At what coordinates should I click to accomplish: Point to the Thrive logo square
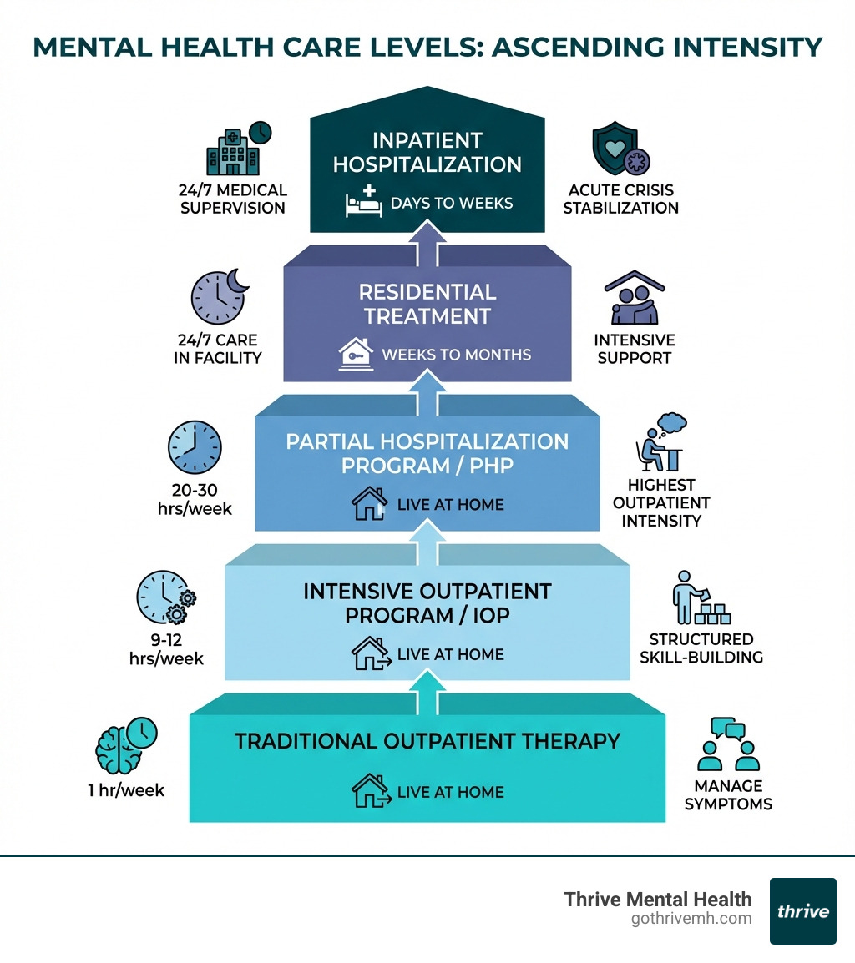pyautogui.click(x=802, y=910)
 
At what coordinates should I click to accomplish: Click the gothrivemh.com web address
pyautogui.click(x=691, y=919)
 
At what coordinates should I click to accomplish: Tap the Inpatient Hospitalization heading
pyautogui.click(x=427, y=152)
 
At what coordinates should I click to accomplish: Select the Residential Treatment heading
pyautogui.click(x=427, y=304)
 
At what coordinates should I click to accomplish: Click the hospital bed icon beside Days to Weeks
pyautogui.click(x=364, y=204)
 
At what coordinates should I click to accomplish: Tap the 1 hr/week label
pyautogui.click(x=126, y=789)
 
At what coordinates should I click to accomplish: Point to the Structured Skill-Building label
pyautogui.click(x=701, y=648)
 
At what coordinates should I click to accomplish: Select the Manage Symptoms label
pyautogui.click(x=728, y=794)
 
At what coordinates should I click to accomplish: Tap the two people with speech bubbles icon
pyautogui.click(x=728, y=745)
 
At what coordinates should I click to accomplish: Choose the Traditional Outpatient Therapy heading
pyautogui.click(x=427, y=741)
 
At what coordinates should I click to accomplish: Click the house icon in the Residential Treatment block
pyautogui.click(x=356, y=355)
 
